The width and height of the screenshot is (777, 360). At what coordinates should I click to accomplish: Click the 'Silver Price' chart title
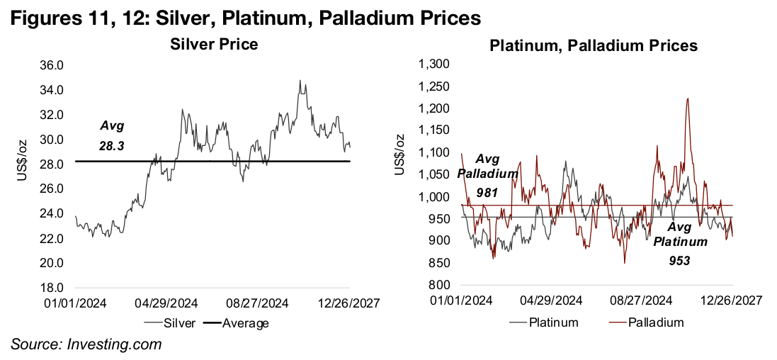pyautogui.click(x=213, y=45)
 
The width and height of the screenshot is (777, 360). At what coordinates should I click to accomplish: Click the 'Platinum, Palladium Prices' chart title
pyautogui.click(x=594, y=45)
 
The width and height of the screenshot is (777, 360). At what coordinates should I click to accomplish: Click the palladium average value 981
pyautogui.click(x=489, y=191)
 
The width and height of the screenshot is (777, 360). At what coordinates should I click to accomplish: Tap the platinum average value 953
pyautogui.click(x=681, y=260)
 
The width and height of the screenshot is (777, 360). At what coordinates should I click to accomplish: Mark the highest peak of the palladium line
pyautogui.click(x=688, y=99)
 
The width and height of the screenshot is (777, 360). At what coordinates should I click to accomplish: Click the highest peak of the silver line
pyautogui.click(x=300, y=81)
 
